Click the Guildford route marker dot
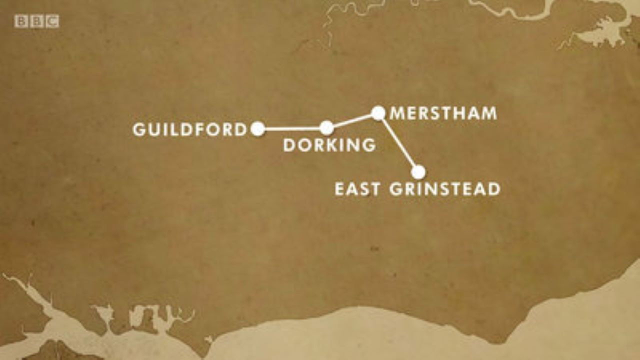point(257,129)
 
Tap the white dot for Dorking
point(326,128)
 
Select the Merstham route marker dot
point(378,113)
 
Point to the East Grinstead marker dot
point(418,172)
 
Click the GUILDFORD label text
point(190,130)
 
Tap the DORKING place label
point(329,145)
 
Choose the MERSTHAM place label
point(443,113)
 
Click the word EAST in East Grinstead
point(357,189)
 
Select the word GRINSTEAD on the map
point(444,189)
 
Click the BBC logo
point(36,21)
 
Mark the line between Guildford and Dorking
point(292,128)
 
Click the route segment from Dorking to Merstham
point(352,120)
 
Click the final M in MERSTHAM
point(488,113)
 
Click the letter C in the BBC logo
point(52,21)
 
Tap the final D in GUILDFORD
point(241,130)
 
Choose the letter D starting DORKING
point(290,145)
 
